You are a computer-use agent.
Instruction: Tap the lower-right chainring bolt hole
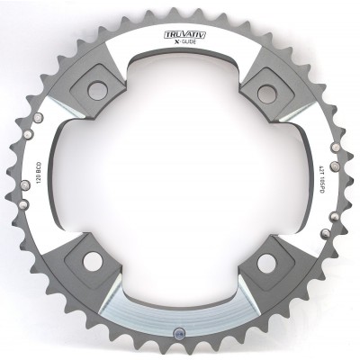(266, 262)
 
